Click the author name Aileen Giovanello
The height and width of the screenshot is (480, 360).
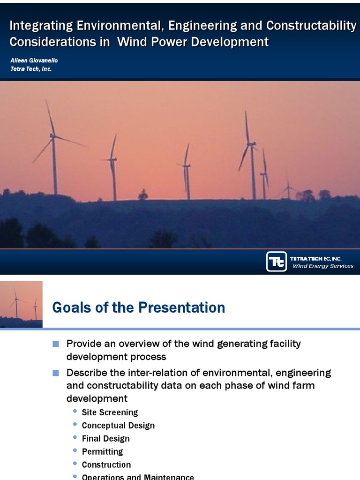34,60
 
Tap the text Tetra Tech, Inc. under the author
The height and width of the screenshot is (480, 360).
30,69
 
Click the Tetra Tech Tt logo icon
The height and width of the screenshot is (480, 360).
277,262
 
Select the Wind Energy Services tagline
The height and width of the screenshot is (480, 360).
322,266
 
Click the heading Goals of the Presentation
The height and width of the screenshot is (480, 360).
139,307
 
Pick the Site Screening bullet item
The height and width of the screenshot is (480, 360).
110,412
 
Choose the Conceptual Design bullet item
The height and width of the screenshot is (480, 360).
118,426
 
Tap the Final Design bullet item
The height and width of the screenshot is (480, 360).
105,439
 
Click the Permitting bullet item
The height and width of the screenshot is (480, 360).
102,452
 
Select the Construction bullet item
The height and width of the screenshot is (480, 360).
106,465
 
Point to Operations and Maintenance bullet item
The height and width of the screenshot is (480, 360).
138,477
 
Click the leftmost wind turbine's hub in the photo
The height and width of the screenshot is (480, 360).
53,136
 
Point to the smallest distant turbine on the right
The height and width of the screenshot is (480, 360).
288,187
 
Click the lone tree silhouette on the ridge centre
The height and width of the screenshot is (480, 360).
143,195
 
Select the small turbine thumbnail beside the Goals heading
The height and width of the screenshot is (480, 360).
21,304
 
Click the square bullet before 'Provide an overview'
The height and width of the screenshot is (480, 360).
56,344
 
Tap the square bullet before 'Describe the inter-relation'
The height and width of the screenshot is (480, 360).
56,373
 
